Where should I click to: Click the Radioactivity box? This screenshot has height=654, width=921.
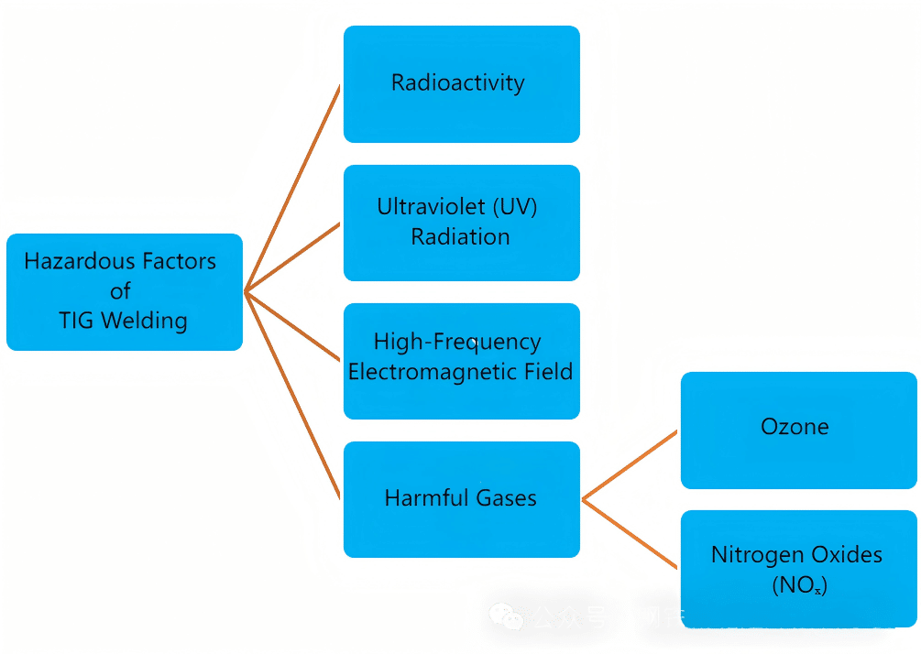(x=461, y=84)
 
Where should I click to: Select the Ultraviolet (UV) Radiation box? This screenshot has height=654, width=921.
(x=461, y=223)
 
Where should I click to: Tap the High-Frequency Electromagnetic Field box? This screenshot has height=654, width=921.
(x=461, y=361)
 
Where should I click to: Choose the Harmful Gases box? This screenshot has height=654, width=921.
(x=461, y=499)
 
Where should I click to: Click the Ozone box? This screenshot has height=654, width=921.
(x=797, y=430)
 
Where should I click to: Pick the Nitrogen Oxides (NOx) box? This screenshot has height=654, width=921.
(x=797, y=569)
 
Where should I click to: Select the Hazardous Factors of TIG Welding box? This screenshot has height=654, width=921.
(x=124, y=292)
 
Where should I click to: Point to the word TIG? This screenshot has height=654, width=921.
(x=76, y=322)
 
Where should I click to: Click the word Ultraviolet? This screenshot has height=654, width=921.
(x=430, y=207)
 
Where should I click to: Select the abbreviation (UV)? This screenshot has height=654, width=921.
(x=513, y=207)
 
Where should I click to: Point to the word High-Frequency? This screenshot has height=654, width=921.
(x=457, y=343)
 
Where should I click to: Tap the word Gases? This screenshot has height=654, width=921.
(x=506, y=499)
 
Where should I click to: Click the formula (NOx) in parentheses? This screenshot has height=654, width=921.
(x=799, y=584)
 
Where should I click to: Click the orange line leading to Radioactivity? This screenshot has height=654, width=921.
(x=293, y=188)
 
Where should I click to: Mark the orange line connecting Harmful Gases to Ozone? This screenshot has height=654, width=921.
(x=630, y=465)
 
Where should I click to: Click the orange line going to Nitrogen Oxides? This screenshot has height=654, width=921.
(x=630, y=534)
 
